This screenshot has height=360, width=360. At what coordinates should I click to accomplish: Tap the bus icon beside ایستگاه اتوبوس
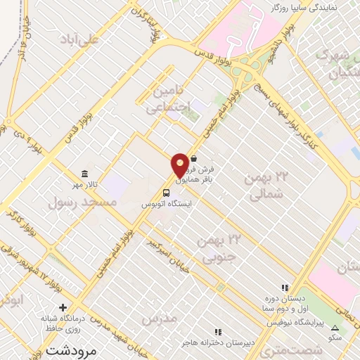coord(166,193)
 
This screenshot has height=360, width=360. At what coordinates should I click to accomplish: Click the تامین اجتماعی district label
coord(169,99)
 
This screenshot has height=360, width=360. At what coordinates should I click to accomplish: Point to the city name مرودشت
coord(70,349)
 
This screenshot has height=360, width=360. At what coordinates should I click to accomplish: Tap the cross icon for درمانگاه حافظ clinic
coord(63,307)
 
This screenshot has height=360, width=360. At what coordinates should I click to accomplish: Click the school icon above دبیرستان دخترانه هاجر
coord(218,331)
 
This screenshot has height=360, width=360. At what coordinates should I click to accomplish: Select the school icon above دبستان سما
coord(284,288)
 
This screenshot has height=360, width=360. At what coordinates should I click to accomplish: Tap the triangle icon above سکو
coord(335,328)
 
